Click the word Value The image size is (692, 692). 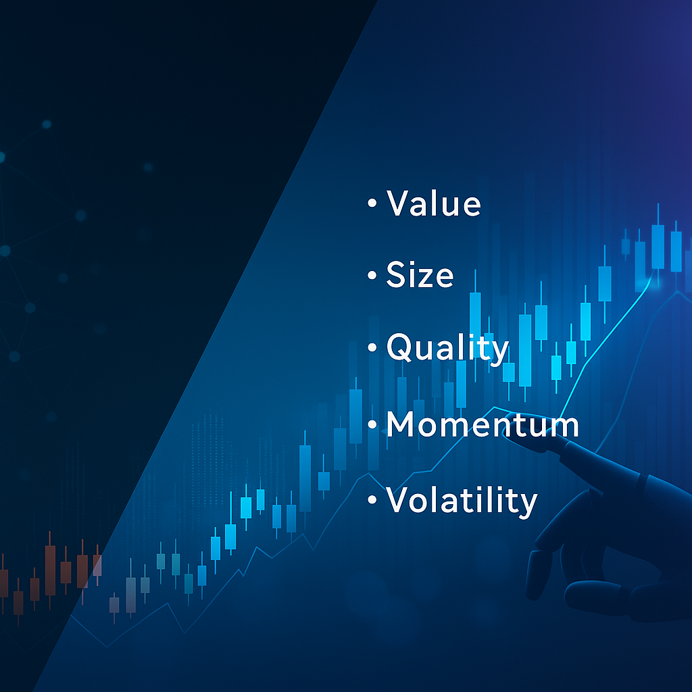[433, 203]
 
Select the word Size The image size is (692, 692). [420, 275]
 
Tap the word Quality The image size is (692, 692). [447, 348]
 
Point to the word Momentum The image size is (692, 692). [483, 424]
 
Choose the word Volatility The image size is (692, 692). [462, 500]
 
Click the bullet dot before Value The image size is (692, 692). [372, 204]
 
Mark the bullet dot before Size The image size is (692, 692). [372, 276]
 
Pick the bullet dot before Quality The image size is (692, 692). [372, 348]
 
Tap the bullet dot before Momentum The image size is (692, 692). [372, 424]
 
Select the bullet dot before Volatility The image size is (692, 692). [372, 501]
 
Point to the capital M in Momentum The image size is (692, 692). [403, 424]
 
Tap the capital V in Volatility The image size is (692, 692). [399, 500]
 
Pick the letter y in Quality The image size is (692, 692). [498, 353]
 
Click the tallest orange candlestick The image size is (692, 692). [50, 570]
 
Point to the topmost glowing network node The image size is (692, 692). [47, 124]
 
